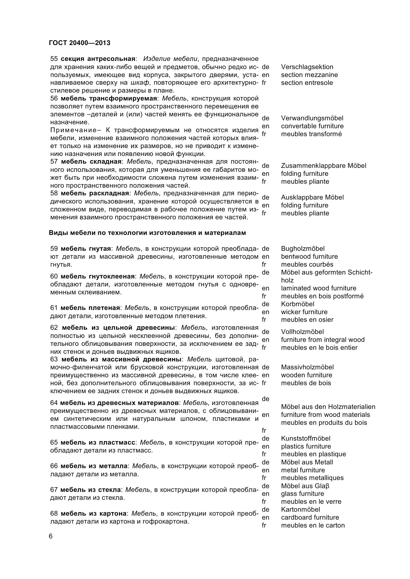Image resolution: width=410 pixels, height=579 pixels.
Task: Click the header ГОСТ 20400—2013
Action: point(80,43)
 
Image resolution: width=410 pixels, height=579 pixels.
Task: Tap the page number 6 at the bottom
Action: point(51,536)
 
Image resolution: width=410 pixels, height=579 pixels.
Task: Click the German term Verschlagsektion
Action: point(307,67)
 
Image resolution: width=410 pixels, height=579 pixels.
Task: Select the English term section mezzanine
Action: point(309,75)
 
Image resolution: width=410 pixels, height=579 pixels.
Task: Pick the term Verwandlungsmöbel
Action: point(312,118)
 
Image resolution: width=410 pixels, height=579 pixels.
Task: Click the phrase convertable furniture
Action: point(312,126)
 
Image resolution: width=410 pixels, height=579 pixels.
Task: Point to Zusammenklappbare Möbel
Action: point(323,166)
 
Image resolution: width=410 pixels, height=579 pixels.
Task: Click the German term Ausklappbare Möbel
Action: point(312,197)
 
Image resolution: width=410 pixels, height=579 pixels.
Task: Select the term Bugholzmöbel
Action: point(303,249)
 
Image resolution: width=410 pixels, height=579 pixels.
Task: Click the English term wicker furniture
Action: point(304,312)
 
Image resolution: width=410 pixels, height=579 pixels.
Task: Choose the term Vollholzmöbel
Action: point(302,332)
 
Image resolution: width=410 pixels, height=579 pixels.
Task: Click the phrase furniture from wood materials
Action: point(325,415)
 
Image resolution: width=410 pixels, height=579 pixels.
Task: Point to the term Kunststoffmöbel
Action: point(306,439)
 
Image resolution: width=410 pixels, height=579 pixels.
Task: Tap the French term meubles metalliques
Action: point(312,478)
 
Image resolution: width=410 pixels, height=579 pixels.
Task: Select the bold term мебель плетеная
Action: point(90,308)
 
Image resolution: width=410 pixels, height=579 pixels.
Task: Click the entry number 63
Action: point(54,359)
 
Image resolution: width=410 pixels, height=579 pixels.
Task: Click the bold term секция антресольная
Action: point(98,59)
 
